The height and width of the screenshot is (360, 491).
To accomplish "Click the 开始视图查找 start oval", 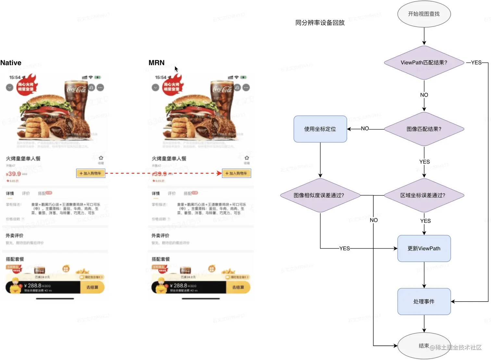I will [x=424, y=14].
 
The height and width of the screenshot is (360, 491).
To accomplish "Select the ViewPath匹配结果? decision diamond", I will [x=424, y=63].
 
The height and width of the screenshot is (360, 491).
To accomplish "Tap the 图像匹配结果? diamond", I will [x=424, y=129].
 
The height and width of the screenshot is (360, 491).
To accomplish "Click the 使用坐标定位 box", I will [x=320, y=129].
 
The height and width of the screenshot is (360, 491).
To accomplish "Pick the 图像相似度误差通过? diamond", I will [x=320, y=195].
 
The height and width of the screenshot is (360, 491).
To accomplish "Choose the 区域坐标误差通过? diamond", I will [x=424, y=195].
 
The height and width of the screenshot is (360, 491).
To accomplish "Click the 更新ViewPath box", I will [x=424, y=248].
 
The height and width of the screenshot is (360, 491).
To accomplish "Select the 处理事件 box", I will [x=424, y=302].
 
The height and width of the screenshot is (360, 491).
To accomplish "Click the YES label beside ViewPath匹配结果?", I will [x=476, y=63].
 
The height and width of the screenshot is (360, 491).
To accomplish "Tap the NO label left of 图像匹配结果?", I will [x=365, y=129].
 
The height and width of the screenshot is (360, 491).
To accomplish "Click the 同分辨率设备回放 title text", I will [x=320, y=23].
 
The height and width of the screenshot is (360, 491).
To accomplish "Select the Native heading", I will [x=11, y=63].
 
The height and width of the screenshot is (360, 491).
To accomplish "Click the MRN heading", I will [x=157, y=63].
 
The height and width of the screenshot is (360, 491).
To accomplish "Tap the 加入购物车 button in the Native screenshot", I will [x=91, y=173].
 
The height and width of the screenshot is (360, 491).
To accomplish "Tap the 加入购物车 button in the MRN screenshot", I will [x=236, y=173].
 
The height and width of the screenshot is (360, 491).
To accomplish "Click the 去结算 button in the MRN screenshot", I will [x=238, y=287].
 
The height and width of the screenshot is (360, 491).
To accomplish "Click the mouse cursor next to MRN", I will [x=176, y=69].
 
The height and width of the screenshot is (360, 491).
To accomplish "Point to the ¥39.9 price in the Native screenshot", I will [x=14, y=174].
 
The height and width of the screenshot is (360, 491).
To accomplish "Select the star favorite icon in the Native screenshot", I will [x=101, y=158].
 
